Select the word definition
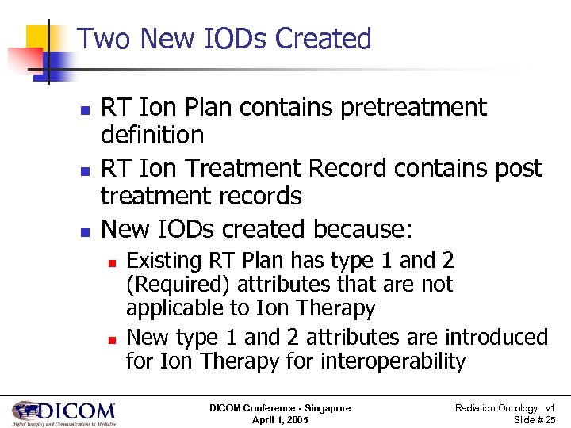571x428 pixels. (x=152, y=135)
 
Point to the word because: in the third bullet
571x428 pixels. (x=363, y=229)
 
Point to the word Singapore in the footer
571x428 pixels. (x=324, y=407)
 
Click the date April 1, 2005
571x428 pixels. (x=279, y=419)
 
